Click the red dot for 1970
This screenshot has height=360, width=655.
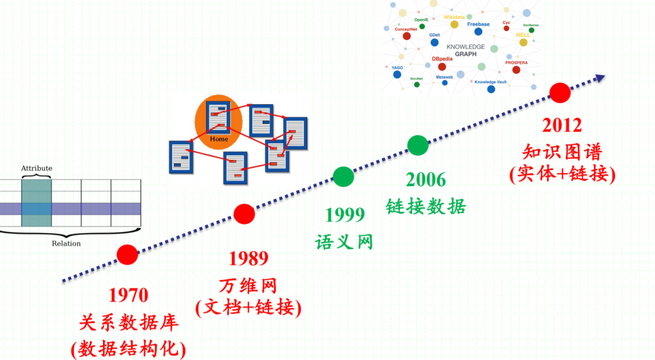[x=127, y=254]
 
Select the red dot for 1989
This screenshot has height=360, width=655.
[x=244, y=214]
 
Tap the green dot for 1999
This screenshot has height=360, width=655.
[x=343, y=177]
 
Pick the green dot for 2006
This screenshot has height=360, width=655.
[x=418, y=145]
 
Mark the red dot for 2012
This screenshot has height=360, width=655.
[x=560, y=92]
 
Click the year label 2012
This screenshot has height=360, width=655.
[x=562, y=125]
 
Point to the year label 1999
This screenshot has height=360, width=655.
[x=345, y=215]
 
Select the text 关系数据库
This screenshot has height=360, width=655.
[x=129, y=322]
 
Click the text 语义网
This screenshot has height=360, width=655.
[x=344, y=241]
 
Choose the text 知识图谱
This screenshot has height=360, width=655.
[x=562, y=151]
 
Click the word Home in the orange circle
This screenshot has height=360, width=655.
[x=219, y=139]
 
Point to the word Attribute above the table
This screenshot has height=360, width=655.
[x=37, y=168]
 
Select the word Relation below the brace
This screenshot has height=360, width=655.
[x=66, y=243]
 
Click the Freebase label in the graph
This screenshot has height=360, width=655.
[x=479, y=25]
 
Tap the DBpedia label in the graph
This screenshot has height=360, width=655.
[x=442, y=59]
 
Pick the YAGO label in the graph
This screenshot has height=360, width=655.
[x=397, y=68]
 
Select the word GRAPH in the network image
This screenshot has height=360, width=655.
[x=466, y=54]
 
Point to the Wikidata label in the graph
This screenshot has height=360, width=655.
[x=454, y=17]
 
